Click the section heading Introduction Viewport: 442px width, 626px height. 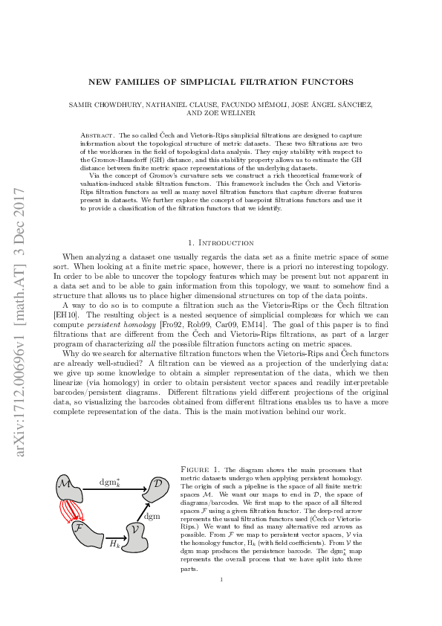(226, 242)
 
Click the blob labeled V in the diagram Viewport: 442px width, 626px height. (134, 536)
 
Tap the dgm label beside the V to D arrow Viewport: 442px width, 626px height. (152, 515)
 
